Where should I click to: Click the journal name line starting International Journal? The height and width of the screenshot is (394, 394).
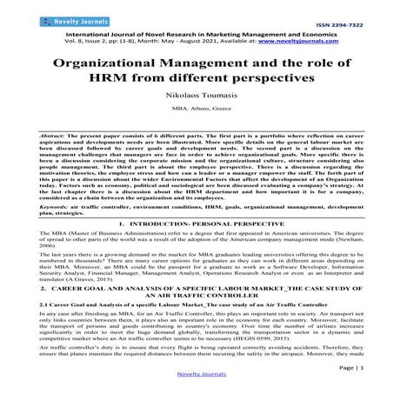(196, 31)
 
